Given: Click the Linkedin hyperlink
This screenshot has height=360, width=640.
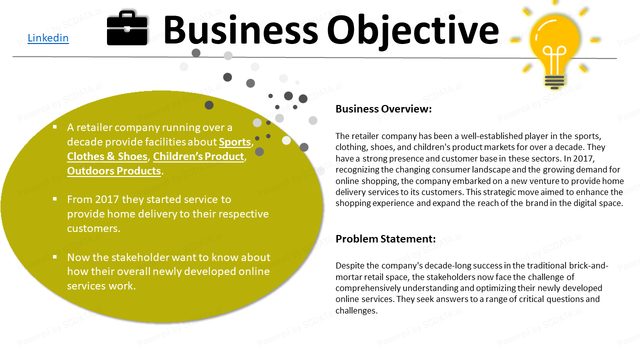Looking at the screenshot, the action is (x=48, y=38).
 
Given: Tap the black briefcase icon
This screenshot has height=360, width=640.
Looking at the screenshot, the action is (x=127, y=28).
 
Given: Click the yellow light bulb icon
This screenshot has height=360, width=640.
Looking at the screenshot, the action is (x=554, y=45).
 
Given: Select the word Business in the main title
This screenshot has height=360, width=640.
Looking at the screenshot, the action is (x=240, y=30).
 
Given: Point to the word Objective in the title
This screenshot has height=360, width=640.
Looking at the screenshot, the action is (x=413, y=31).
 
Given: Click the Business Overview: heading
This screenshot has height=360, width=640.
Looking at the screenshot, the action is (x=383, y=109).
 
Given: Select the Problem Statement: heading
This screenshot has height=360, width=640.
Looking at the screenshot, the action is (x=385, y=239).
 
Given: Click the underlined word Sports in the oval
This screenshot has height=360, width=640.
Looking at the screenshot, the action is (x=235, y=142).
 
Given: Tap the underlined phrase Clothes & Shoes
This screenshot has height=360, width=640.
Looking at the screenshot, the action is (x=107, y=156).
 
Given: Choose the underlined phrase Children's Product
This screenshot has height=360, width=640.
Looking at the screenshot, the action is (x=198, y=156).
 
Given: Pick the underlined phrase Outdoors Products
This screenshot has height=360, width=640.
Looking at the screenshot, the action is (x=114, y=171).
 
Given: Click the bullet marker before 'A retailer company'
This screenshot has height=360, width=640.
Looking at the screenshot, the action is (x=55, y=127).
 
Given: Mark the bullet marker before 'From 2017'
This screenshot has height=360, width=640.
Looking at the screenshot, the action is (x=55, y=199).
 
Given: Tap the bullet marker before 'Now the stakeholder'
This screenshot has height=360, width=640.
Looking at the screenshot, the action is (x=55, y=257).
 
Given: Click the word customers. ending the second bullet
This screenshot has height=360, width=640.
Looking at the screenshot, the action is (x=93, y=228).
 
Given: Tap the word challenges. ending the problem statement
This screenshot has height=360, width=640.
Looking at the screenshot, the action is (x=356, y=311).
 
